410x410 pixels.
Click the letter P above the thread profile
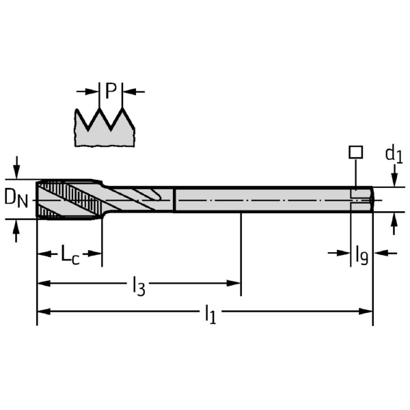click(111, 90)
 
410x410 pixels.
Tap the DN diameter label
click(16, 198)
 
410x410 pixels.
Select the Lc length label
click(70, 255)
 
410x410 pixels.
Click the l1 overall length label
click(210, 314)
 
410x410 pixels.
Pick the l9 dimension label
click(361, 256)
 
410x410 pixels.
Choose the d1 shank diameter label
click(394, 155)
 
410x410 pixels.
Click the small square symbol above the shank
click(355, 152)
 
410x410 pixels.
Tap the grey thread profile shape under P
click(105, 130)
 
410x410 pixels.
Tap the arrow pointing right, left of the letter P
click(94, 91)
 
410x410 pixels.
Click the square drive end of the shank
click(362, 199)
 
